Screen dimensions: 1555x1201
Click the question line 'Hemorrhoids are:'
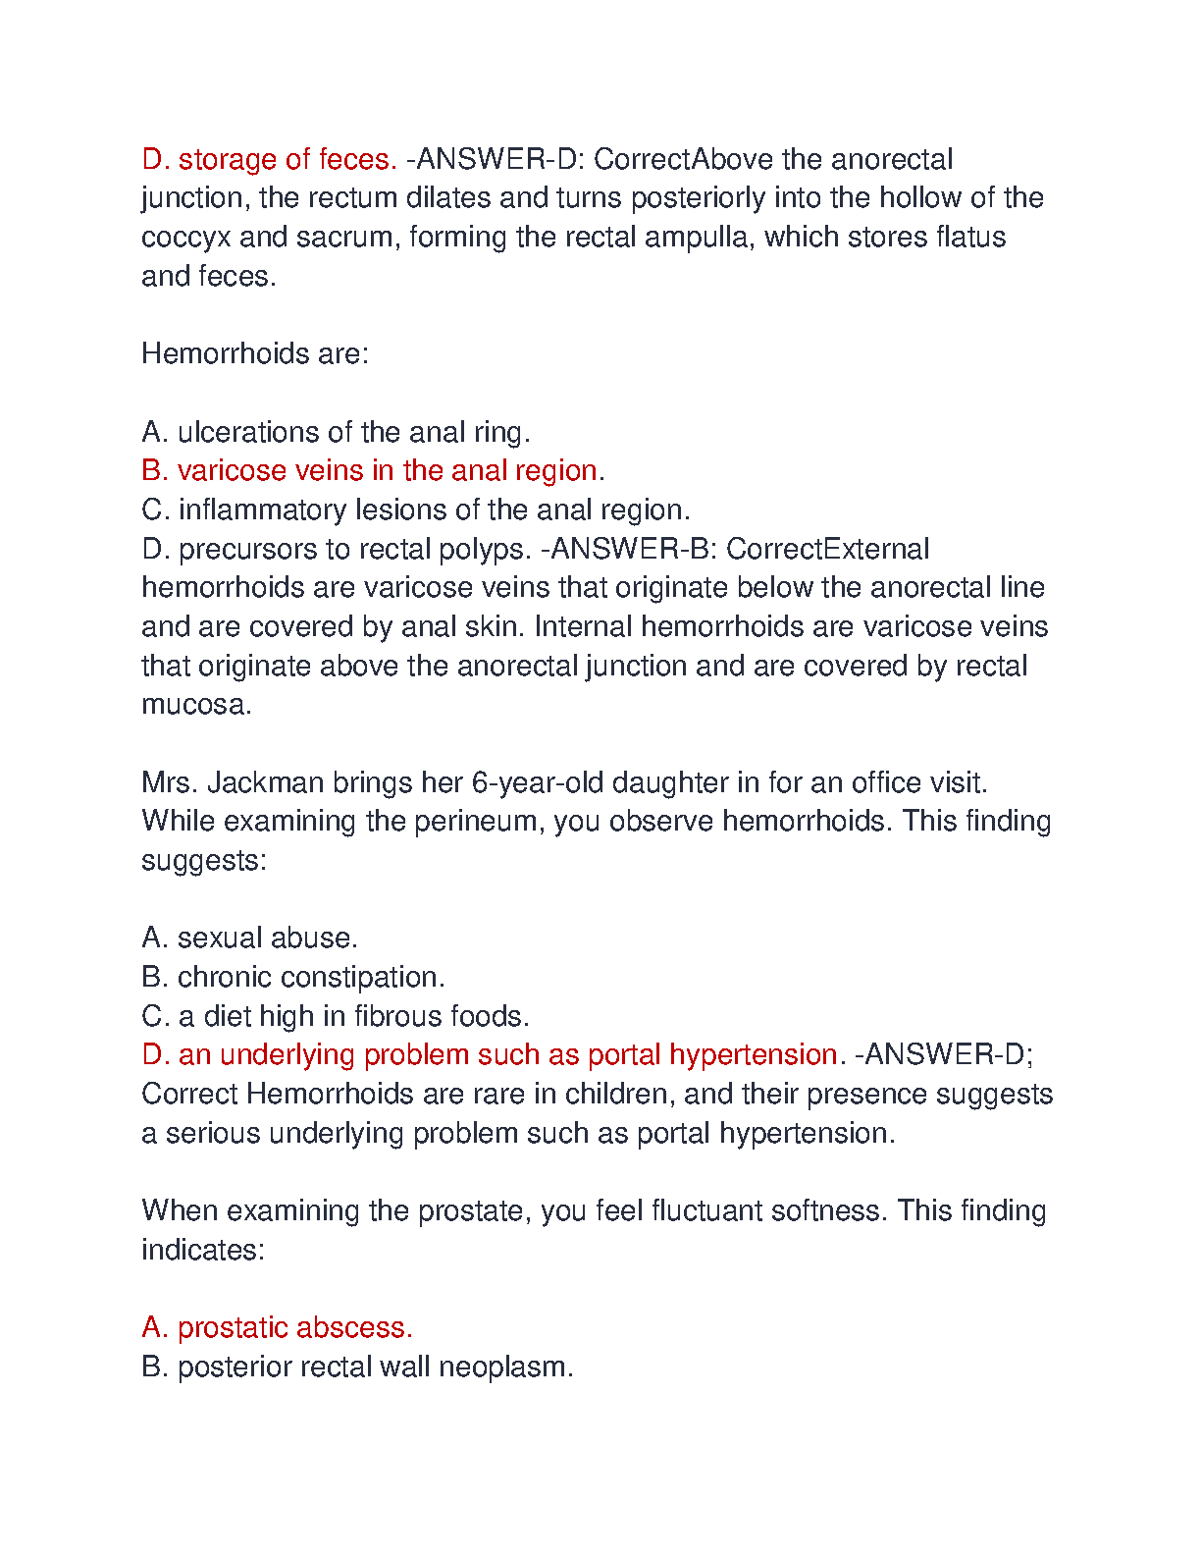pyautogui.click(x=255, y=354)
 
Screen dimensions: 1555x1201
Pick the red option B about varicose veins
pyautogui.click(x=373, y=471)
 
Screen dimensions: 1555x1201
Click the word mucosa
pyautogui.click(x=196, y=705)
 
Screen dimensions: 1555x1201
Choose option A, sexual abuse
pyautogui.click(x=249, y=938)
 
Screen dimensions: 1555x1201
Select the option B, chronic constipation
pyautogui.click(x=292, y=978)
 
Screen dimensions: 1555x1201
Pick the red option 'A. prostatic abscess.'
pyautogui.click(x=277, y=1328)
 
